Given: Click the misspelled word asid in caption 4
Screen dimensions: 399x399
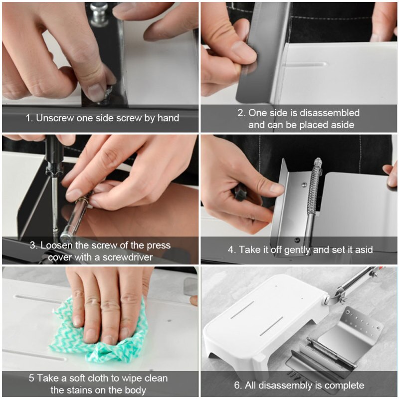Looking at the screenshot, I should coord(363,249).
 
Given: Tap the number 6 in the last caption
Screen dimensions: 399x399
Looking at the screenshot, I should coord(237,385).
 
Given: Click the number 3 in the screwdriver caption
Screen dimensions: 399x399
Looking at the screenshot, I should coord(32,245).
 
